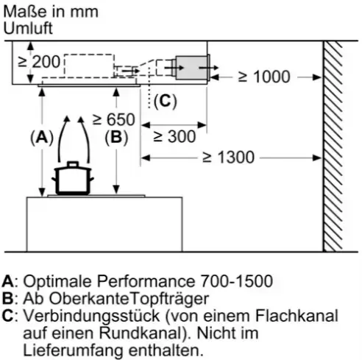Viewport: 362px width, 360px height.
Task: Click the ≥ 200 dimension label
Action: pyautogui.click(x=39, y=62)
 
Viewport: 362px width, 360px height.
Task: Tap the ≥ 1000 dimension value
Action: pyautogui.click(x=264, y=77)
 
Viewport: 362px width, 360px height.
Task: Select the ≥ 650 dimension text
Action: pyautogui.click(x=114, y=119)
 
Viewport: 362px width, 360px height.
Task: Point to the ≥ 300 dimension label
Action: pyautogui.click(x=174, y=136)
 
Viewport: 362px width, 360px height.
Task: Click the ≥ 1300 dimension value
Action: pyautogui.click(x=228, y=157)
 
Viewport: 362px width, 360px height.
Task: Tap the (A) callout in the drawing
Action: pyautogui.click(x=42, y=138)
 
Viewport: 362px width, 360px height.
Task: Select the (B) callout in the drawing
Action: pyautogui.click(x=116, y=138)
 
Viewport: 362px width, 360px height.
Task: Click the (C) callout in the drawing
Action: pyautogui.click(x=166, y=101)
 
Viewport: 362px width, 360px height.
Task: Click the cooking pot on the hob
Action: pyautogui.click(x=73, y=178)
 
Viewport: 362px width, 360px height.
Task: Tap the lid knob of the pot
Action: pyautogui.click(x=73, y=164)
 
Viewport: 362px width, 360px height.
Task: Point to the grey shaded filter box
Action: pyautogui.click(x=192, y=68)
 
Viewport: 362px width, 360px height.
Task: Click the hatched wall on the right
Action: pyautogui.click(x=333, y=147)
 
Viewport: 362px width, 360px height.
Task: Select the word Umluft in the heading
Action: pyautogui.click(x=28, y=28)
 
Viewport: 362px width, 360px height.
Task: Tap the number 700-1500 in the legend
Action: pyautogui.click(x=237, y=281)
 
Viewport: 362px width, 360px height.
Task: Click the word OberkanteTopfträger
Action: pyautogui.click(x=129, y=298)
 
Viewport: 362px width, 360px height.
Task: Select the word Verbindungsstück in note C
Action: pyautogui.click(x=92, y=316)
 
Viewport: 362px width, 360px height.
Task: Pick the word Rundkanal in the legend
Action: pyautogui.click(x=141, y=333)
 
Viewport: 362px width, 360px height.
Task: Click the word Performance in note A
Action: pyautogui.click(x=146, y=281)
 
